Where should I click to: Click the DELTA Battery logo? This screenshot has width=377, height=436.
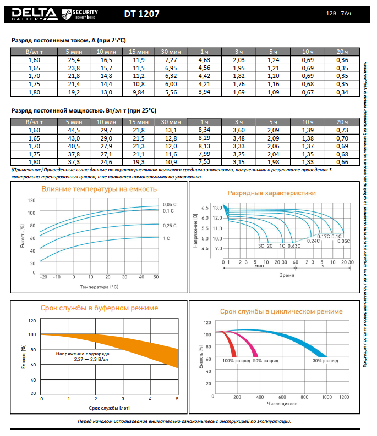(33, 13)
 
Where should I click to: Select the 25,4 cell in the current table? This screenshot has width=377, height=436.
(74, 59)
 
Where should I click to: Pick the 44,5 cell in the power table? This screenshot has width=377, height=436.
(74, 130)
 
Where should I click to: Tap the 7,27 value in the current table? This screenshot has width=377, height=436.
(171, 59)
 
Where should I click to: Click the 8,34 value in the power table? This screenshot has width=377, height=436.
(204, 130)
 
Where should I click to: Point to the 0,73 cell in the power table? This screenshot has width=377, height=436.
(342, 130)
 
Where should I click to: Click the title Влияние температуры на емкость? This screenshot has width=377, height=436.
(99, 189)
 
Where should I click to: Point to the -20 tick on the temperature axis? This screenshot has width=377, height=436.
(43, 277)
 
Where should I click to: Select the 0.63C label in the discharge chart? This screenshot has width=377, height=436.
(294, 246)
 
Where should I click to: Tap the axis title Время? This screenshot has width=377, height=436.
(286, 274)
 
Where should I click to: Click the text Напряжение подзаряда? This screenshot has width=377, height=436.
(82, 353)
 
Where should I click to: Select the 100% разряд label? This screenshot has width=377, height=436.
(235, 361)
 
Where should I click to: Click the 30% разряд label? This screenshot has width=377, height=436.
(325, 361)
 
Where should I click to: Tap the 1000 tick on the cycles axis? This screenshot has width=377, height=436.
(327, 396)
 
